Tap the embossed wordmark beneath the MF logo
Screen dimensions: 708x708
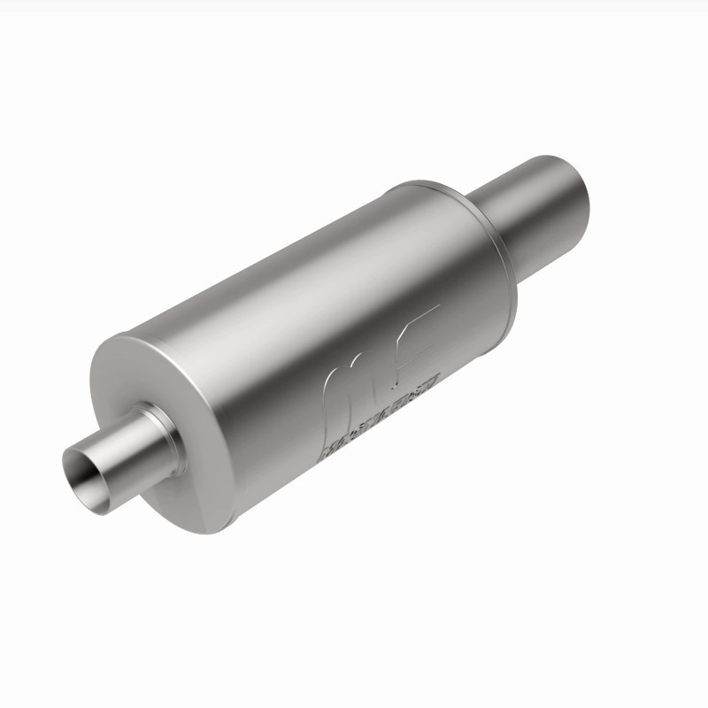coord(381,416)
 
